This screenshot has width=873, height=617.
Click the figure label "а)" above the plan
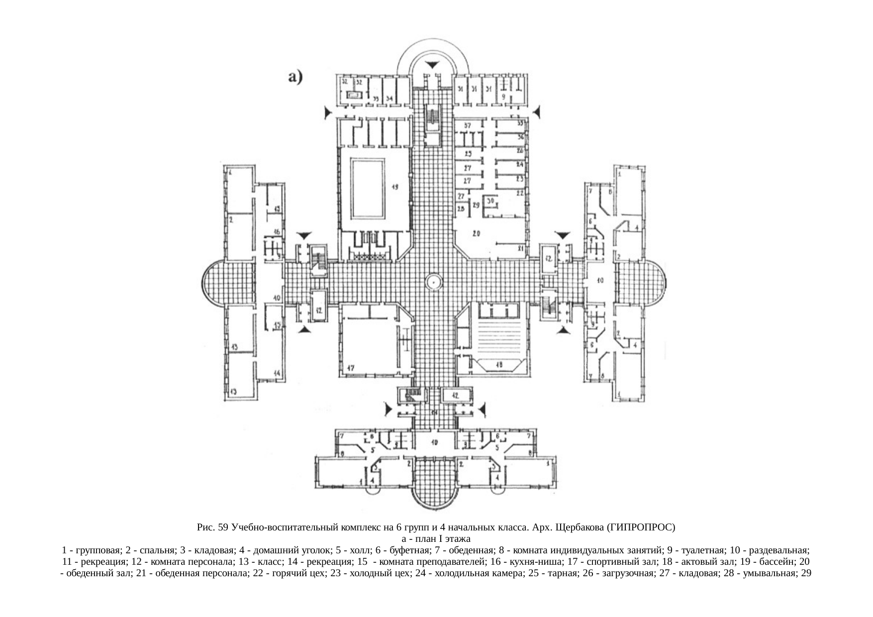coord(295,77)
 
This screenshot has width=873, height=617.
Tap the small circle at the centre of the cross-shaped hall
coord(434,282)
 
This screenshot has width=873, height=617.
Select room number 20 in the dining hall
coord(476,233)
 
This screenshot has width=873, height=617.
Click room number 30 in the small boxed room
coord(491,201)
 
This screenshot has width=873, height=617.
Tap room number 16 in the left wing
coord(276,232)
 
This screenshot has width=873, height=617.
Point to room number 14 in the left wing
coord(276,373)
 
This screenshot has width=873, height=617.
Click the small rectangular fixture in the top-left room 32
coord(353,95)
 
